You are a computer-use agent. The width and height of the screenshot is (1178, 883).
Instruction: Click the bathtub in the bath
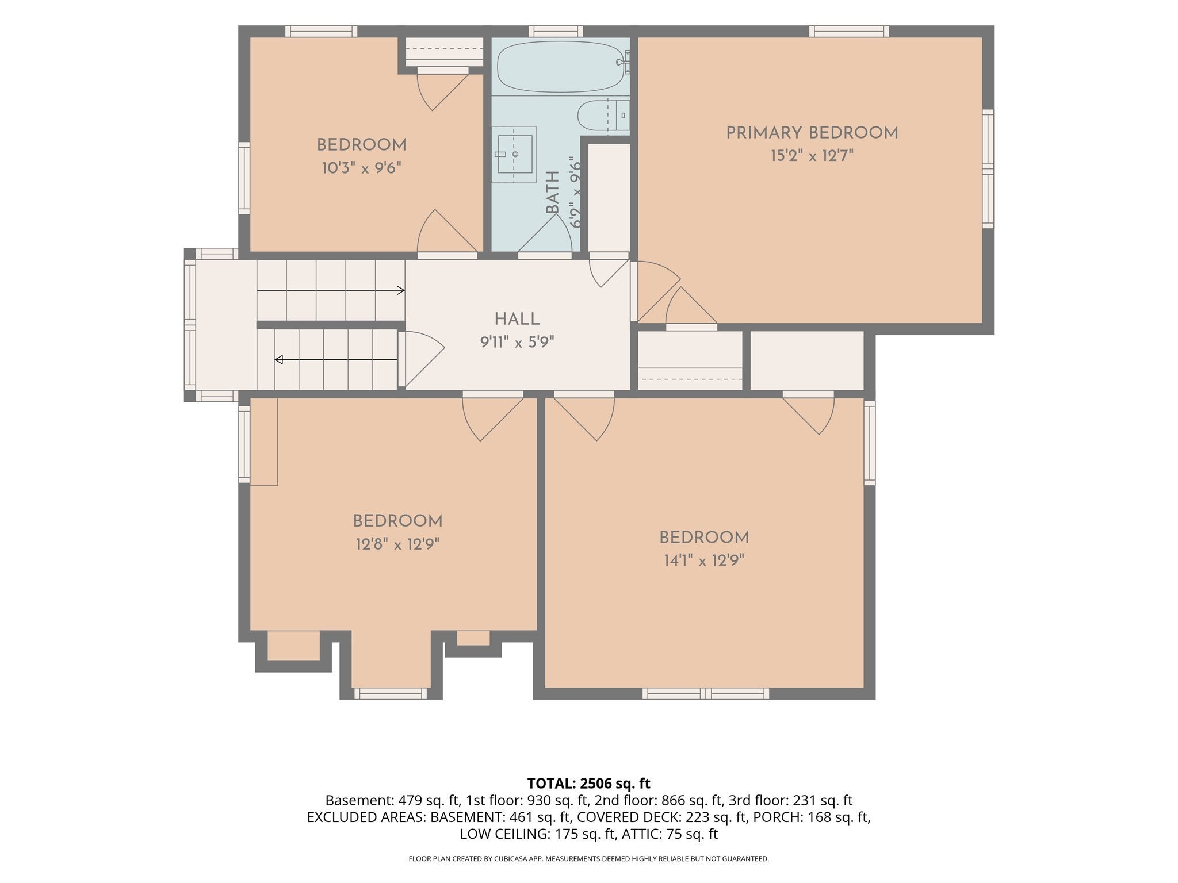(x=561, y=66)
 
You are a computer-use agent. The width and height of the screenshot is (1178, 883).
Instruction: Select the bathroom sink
(x=514, y=154)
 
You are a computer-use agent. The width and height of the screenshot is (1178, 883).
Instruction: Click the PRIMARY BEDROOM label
(x=812, y=133)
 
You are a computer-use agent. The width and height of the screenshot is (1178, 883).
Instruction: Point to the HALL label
(x=517, y=319)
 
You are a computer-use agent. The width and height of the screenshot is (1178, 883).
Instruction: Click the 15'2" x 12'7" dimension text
(x=812, y=156)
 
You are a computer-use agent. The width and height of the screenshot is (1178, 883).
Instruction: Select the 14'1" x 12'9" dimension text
(x=704, y=560)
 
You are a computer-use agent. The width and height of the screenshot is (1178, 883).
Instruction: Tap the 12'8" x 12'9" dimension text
(x=397, y=544)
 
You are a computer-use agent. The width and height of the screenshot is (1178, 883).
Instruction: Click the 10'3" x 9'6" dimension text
(x=361, y=168)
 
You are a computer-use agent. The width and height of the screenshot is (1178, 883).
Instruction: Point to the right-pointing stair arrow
(x=331, y=291)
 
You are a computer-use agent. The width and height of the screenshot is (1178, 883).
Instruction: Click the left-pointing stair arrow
(x=336, y=360)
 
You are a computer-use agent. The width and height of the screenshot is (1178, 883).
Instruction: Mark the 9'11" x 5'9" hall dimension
(x=517, y=343)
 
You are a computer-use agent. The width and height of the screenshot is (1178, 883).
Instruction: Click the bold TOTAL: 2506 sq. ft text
(x=588, y=783)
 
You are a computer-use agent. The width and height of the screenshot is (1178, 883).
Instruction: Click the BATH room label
(x=552, y=192)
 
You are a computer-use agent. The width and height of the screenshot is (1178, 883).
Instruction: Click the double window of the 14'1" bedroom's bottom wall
(x=706, y=693)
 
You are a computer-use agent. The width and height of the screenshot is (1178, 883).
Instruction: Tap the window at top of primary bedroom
(x=849, y=31)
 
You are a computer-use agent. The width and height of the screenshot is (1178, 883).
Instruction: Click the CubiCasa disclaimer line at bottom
(x=588, y=859)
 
